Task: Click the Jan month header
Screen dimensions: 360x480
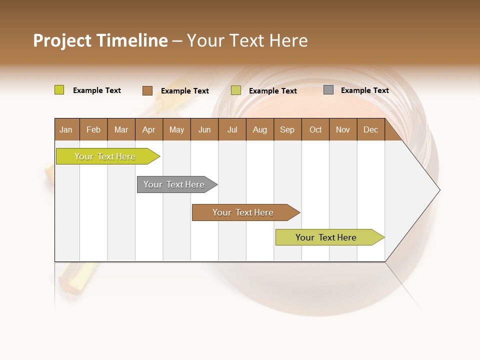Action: click(x=66, y=129)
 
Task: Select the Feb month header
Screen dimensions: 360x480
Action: click(x=93, y=129)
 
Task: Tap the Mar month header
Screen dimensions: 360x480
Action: click(x=121, y=129)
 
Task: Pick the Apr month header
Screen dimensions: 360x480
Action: click(x=149, y=129)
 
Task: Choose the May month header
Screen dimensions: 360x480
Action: click(x=176, y=129)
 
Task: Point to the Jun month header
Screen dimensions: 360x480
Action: click(x=204, y=129)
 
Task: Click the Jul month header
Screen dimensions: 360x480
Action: click(x=232, y=129)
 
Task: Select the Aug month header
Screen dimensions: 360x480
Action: click(x=260, y=129)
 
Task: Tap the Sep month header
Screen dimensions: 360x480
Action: click(x=287, y=129)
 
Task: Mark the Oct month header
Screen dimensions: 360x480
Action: click(x=315, y=129)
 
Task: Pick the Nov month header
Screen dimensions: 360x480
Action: click(x=343, y=129)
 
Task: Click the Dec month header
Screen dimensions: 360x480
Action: click(x=371, y=129)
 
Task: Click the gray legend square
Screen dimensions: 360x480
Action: click(x=328, y=90)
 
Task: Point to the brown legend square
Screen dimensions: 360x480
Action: click(x=147, y=90)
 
